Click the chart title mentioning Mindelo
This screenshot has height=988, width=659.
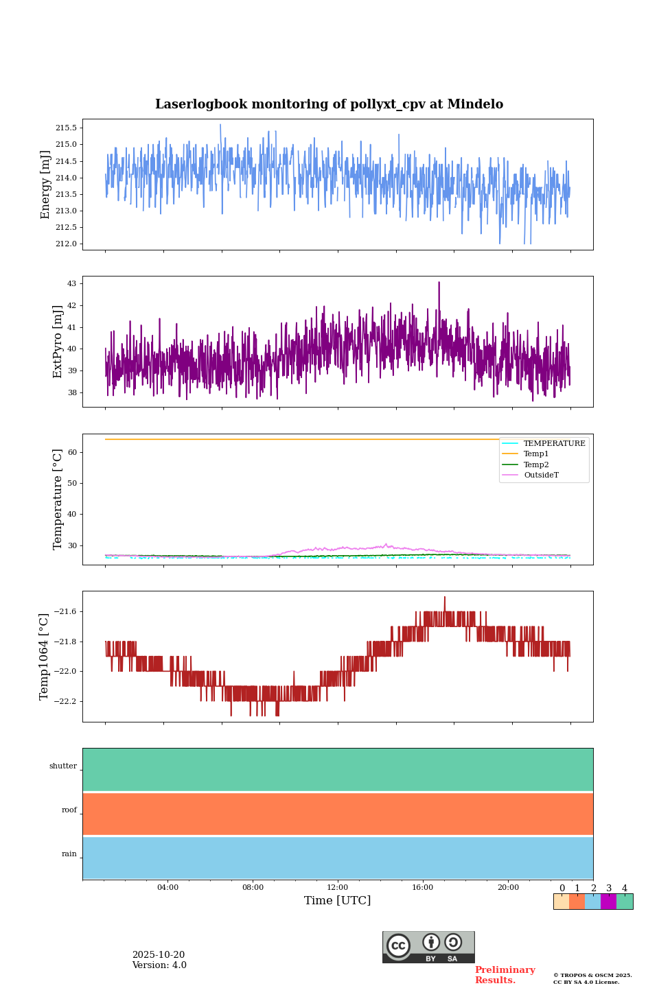coord(329,104)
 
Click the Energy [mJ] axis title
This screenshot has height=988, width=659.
coord(45,185)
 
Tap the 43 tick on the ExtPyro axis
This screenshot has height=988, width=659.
coord(71,284)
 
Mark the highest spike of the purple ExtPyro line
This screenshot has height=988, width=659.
coord(439,283)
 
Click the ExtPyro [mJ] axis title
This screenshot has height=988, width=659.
coord(58,342)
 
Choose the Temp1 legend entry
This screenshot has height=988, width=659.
coord(536,454)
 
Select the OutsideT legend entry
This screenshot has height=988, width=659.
coord(541,475)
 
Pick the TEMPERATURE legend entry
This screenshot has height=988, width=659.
coord(554,444)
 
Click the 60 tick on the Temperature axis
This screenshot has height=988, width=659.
coord(72,453)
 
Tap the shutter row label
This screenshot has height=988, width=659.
coord(63,766)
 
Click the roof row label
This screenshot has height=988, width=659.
coord(69,810)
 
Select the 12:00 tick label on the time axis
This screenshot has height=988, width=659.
coord(338,888)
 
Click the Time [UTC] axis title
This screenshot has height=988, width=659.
coord(337,901)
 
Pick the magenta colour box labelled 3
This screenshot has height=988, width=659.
coord(608,902)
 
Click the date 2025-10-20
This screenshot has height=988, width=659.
coord(159,955)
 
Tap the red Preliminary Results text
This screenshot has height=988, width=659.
coord(505,975)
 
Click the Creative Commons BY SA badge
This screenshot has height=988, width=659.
coord(428,947)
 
